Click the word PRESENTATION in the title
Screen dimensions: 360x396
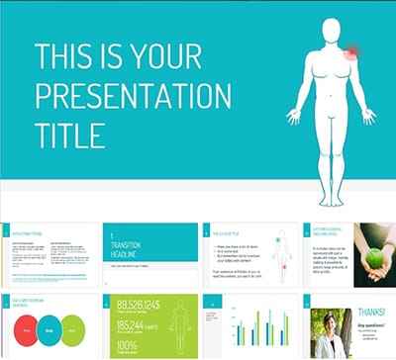click(x=133, y=96)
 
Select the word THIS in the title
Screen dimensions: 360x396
click(x=66, y=56)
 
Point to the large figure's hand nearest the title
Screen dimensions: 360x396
click(x=293, y=116)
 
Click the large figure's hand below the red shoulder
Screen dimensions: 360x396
click(x=367, y=115)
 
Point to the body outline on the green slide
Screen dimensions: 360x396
click(x=179, y=325)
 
